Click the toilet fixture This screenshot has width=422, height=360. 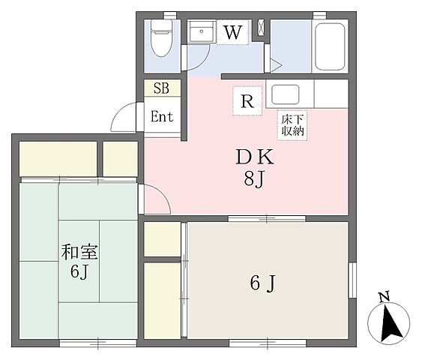(161, 38)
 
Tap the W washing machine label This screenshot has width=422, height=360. (233, 32)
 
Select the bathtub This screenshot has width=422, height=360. (330, 46)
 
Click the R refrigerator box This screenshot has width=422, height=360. (247, 100)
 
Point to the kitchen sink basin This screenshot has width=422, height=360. (286, 94)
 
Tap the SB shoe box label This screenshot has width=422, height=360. (161, 88)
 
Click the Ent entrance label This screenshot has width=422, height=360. (162, 116)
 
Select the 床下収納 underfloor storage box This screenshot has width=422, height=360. (292, 125)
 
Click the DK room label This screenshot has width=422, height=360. (255, 157)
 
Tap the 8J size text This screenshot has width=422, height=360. (254, 178)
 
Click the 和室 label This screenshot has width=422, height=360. (79, 252)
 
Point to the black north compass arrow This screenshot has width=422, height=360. (391, 322)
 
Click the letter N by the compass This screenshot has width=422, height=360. (385, 297)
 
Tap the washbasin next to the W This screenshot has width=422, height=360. (202, 31)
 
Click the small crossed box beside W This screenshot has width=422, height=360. (261, 28)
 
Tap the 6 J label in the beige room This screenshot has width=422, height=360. (263, 283)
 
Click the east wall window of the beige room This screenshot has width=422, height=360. (352, 280)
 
